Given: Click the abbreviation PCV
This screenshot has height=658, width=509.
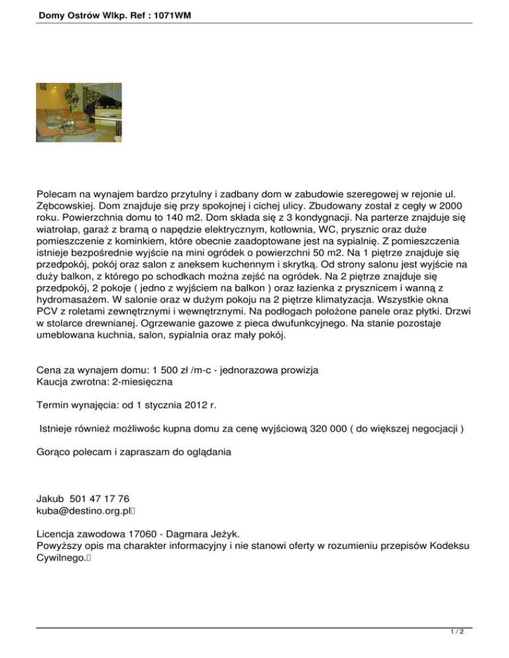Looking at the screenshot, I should click(x=46, y=313).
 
